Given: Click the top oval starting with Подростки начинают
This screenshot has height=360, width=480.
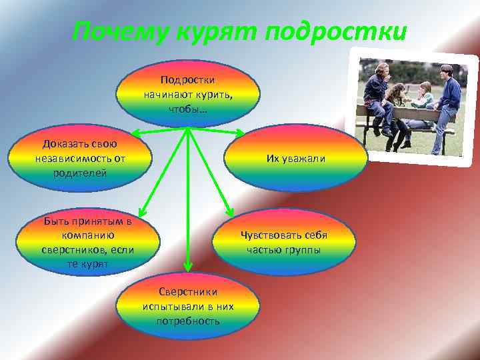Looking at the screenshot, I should click(188, 93).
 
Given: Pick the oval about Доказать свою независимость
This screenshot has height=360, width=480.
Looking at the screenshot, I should click(79, 158).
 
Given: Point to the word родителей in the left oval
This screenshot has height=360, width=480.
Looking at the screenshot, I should click(79, 173).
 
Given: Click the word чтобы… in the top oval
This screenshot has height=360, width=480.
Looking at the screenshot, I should click(188, 108).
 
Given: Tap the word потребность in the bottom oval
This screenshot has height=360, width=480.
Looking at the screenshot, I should click(188, 321).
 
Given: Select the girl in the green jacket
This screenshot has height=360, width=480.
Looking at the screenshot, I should click(423, 100).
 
